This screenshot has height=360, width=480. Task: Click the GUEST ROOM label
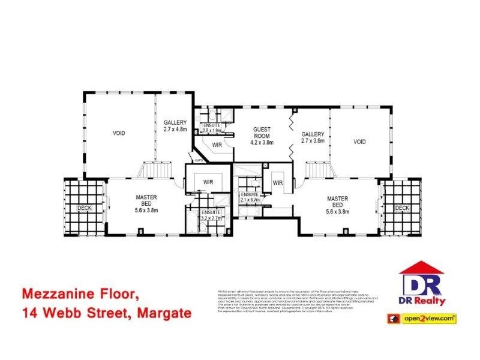click(x=262, y=132)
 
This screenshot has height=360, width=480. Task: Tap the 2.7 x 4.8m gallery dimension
click(x=176, y=129)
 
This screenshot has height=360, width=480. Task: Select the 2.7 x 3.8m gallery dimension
click(x=313, y=141)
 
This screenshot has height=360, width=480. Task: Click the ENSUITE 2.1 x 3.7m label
click(x=250, y=197)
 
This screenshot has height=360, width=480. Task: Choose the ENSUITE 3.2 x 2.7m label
click(x=211, y=215)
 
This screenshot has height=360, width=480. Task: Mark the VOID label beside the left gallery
click(x=118, y=133)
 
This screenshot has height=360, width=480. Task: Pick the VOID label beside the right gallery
click(x=359, y=142)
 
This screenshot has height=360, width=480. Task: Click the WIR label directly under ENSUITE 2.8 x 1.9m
click(x=218, y=145)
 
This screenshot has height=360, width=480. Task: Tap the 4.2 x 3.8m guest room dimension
click(x=262, y=143)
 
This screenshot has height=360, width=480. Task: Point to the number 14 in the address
click(x=29, y=313)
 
